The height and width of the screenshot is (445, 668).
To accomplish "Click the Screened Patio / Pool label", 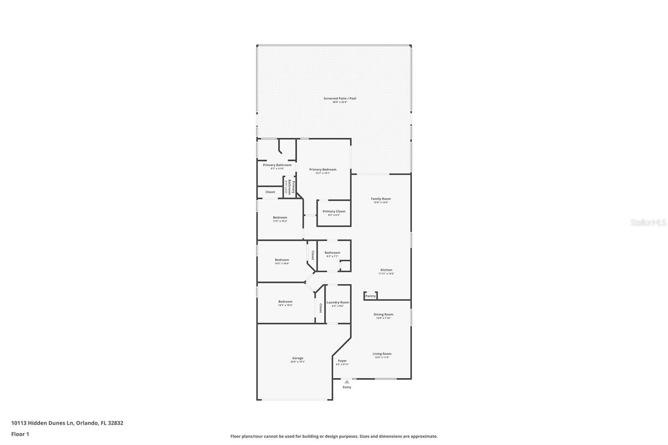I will click(339, 99).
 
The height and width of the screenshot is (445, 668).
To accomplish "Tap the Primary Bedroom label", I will click(323, 170).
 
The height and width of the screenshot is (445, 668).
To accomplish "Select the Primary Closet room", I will click(334, 212).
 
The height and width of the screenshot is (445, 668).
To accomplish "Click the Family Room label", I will click(381, 199).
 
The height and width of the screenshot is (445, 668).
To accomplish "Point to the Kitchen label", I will click(386, 271).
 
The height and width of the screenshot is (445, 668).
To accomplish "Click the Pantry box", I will click(370, 296).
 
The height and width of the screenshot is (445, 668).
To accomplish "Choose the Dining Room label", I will click(383, 315).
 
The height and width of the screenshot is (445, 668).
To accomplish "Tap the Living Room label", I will click(382, 354).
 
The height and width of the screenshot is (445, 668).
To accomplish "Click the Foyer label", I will click(342, 361).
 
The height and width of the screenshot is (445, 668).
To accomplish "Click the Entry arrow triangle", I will click(347, 382).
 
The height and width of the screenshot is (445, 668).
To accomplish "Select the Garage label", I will click(298, 359).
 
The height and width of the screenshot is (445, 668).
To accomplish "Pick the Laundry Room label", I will click(338, 303).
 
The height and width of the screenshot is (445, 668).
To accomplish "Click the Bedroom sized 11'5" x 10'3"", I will click(280, 218).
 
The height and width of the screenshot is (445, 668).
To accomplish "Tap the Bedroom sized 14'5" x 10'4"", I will click(282, 260).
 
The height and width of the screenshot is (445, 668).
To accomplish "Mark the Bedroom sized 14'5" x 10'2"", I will click(285, 302).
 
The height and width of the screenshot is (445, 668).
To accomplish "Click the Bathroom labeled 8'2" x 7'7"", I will click(332, 253).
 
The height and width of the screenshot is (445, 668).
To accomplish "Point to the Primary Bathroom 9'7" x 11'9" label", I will click(277, 165).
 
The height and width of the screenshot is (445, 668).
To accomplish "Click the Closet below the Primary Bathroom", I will click(270, 192).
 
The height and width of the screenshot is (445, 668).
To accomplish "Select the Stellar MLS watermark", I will click(648, 222).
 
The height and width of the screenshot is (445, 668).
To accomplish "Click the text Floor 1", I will click(20, 434).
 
